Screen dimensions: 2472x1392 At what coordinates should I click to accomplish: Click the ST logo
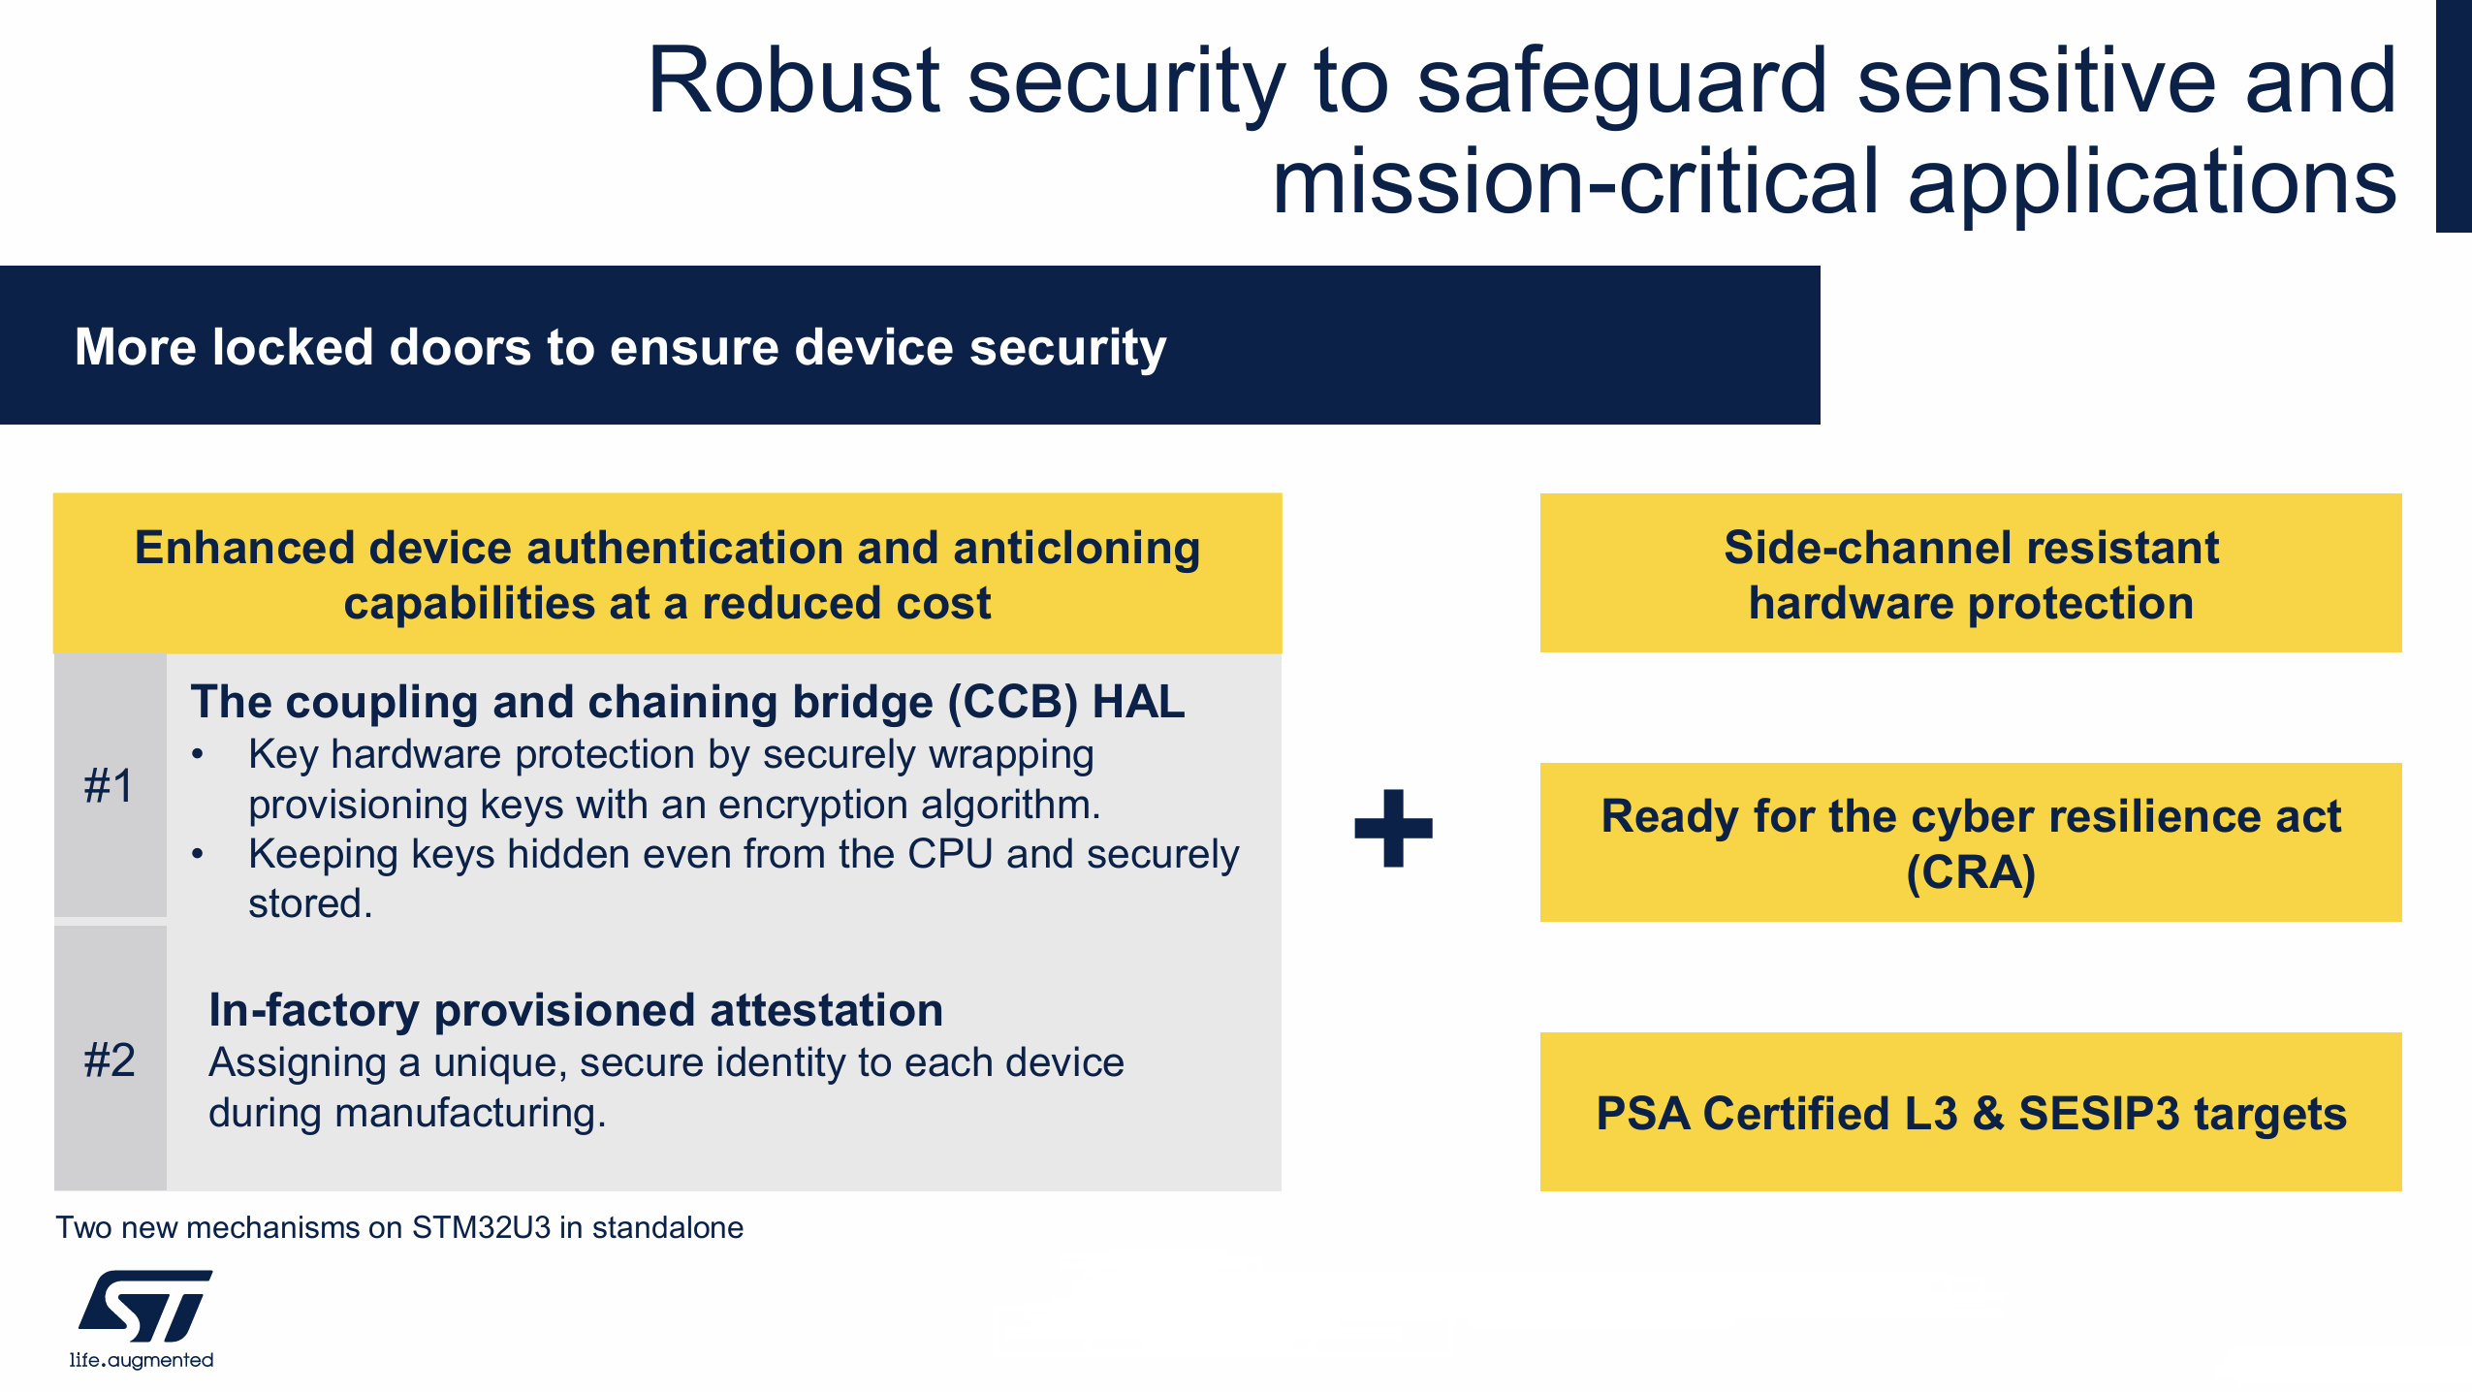click(x=145, y=1306)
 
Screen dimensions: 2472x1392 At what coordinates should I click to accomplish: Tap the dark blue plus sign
click(x=1393, y=828)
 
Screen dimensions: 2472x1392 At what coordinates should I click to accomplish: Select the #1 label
click(x=109, y=785)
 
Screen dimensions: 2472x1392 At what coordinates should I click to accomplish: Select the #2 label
click(x=110, y=1060)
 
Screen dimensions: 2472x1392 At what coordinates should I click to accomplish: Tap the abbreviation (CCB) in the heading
click(x=1012, y=702)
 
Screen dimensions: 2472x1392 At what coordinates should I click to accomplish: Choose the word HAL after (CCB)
click(x=1139, y=701)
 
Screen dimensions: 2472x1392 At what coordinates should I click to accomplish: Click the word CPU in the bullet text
click(x=950, y=854)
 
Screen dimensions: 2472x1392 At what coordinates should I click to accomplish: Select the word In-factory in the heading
click(x=314, y=1010)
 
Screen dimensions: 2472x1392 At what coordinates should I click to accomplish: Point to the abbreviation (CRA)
click(x=1971, y=872)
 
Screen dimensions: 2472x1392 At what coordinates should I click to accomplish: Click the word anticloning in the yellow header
click(x=1076, y=549)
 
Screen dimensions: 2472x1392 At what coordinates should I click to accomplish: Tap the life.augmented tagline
click(x=142, y=1360)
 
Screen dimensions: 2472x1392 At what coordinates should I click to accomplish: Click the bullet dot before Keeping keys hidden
click(x=198, y=854)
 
